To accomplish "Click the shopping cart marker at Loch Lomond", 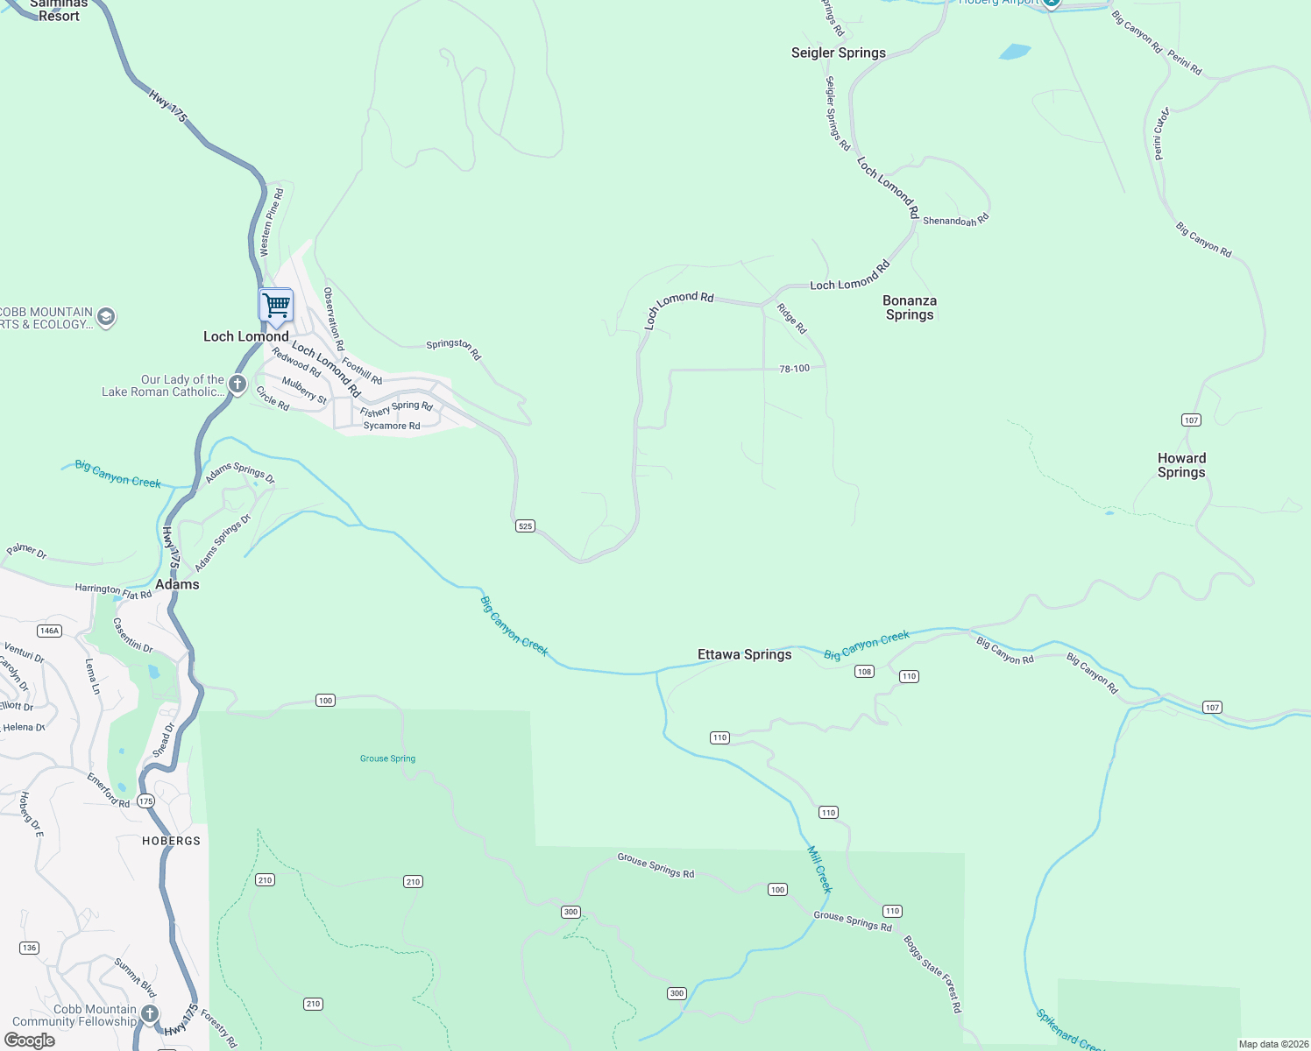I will pyautogui.click(x=276, y=306).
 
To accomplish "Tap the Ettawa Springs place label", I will pyautogui.click(x=744, y=654).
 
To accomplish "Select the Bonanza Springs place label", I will pyautogui.click(x=910, y=307).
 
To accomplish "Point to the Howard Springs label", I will pyautogui.click(x=1181, y=465).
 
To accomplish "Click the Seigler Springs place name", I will pyautogui.click(x=838, y=53).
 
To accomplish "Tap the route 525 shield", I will pyautogui.click(x=525, y=526).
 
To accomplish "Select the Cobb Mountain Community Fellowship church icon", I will pyautogui.click(x=150, y=1014).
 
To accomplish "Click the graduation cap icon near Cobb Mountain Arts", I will pyautogui.click(x=106, y=317).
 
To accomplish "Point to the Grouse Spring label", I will pyautogui.click(x=387, y=758).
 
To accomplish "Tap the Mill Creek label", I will pyautogui.click(x=818, y=869).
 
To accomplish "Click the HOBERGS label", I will pyautogui.click(x=171, y=841).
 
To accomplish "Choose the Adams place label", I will pyautogui.click(x=177, y=584).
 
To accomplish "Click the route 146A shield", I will pyautogui.click(x=49, y=631).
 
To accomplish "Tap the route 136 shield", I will pyautogui.click(x=29, y=948).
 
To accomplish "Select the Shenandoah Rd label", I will pyautogui.click(x=955, y=221).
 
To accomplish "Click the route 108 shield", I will pyautogui.click(x=864, y=672).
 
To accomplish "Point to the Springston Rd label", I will pyautogui.click(x=454, y=349).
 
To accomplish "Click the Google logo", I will pyautogui.click(x=30, y=1040).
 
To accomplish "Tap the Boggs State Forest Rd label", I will pyautogui.click(x=932, y=974).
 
